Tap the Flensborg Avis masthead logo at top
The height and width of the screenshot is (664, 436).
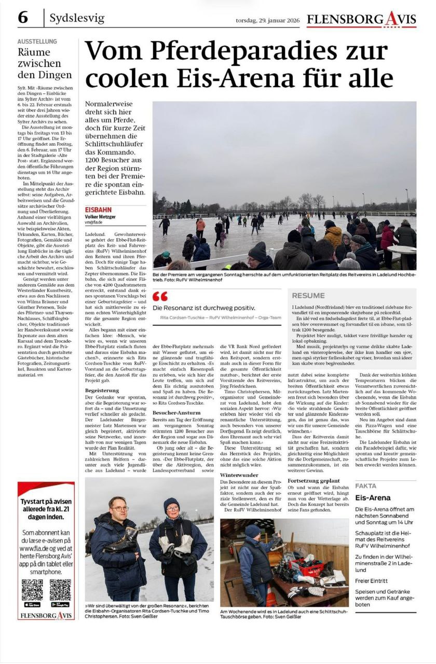[361, 20]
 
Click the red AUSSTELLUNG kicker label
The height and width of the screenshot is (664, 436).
[37, 41]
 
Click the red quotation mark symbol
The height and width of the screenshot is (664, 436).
[160, 296]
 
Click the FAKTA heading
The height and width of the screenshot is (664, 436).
[366, 486]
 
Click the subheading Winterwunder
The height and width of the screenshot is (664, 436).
[239, 475]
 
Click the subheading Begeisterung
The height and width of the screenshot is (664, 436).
[102, 390]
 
